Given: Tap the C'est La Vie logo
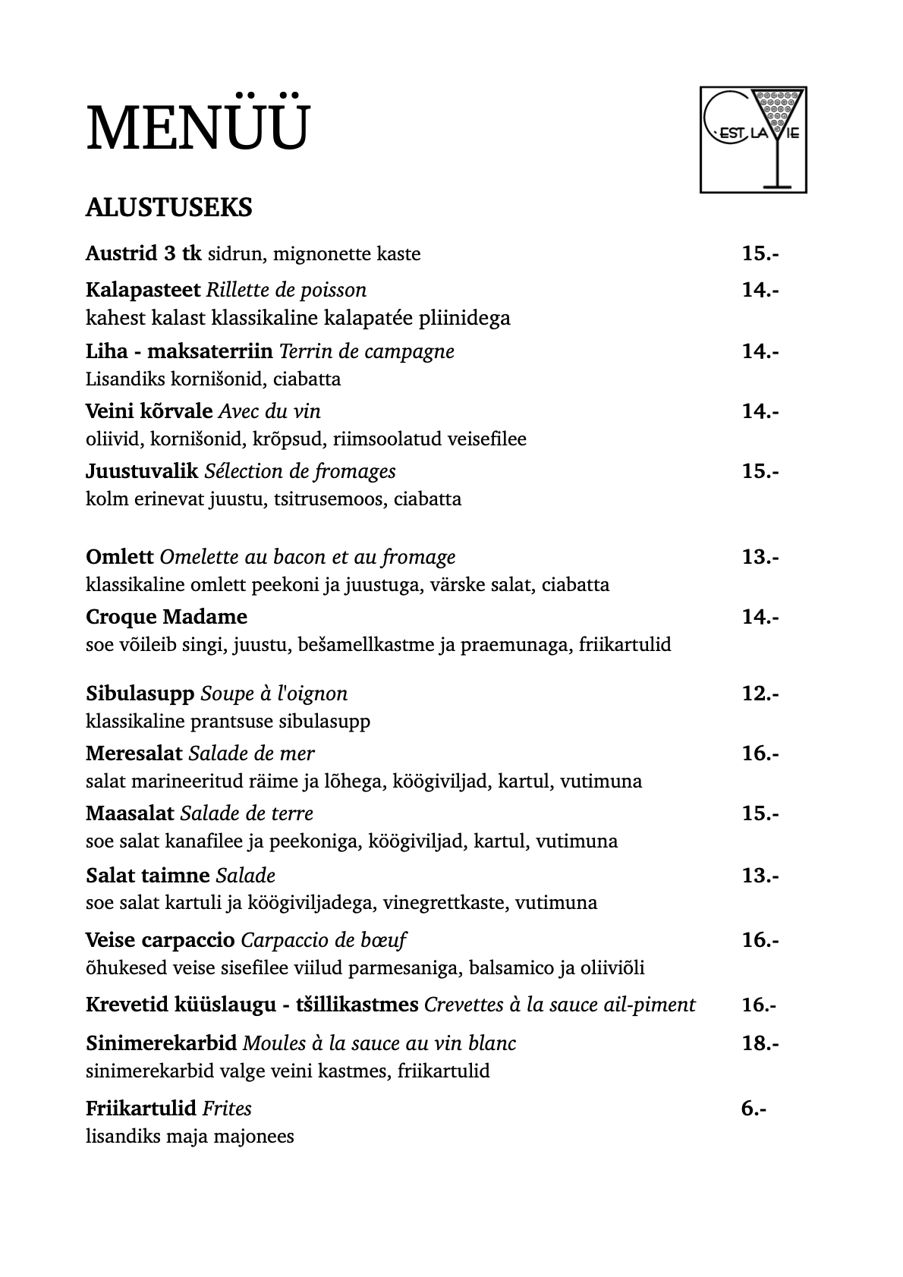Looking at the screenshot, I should pos(753,139).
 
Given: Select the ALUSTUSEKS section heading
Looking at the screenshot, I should pos(168,207).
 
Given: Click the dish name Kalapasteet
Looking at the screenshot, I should pos(143,290).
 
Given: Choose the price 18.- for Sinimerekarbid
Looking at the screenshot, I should pos(760,1043).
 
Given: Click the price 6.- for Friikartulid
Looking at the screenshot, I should pos(754,1109).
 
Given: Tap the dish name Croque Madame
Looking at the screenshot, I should pos(166,616).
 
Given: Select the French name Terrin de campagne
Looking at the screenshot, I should pos(367,351).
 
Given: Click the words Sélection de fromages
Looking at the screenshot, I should pos(300,471).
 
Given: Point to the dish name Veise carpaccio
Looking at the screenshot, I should pos(160,940).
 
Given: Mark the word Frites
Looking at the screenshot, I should pos(227,1109).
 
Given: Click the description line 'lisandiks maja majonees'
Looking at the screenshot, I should pos(190,1137).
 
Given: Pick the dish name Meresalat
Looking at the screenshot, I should pos(134,753).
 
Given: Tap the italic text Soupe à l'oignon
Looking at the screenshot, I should pos(274,694).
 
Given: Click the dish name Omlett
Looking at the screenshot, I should pos(120,557).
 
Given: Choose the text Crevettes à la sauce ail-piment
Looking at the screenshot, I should pos(559,1005).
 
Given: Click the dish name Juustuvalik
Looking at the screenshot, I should pos(142,471).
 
